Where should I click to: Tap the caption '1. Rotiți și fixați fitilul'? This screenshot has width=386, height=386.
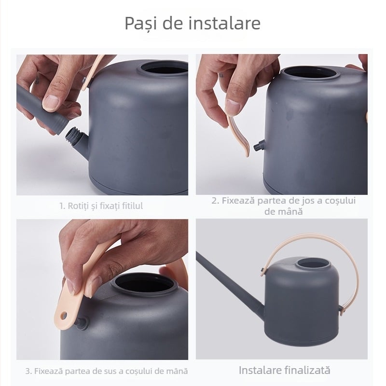pos(101,206)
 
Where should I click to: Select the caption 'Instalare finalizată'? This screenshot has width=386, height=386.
pos(285,370)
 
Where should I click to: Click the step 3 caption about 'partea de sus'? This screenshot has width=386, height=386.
pos(106,371)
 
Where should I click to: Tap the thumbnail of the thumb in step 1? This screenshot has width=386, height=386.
pos(50,103)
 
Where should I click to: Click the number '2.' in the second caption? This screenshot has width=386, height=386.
pos(216,200)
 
